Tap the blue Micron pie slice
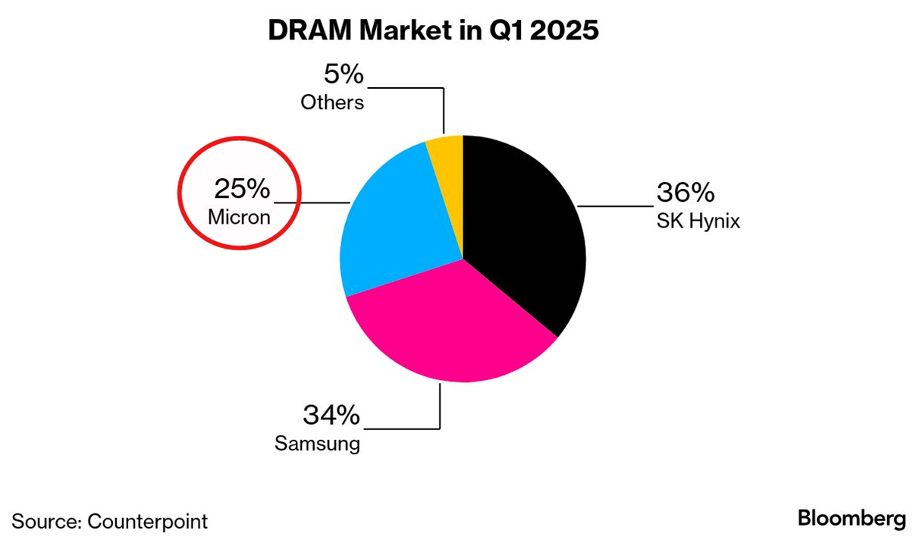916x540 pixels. click(x=394, y=228)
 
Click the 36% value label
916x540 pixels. click(x=685, y=193)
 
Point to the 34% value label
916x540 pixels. click(x=331, y=415)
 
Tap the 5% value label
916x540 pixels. click(x=343, y=75)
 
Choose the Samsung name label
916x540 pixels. click(x=317, y=444)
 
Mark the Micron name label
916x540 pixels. click(x=239, y=218)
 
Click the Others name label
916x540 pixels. click(x=332, y=102)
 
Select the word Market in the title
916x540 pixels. click(x=408, y=31)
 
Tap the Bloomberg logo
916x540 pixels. click(x=852, y=519)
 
